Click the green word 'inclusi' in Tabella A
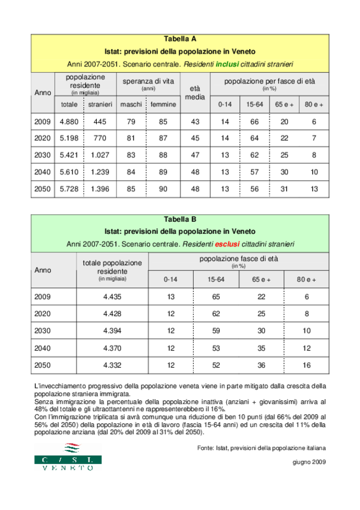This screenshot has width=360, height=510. pyautogui.click(x=227, y=64)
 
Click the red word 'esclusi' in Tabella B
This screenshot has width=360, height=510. pyautogui.click(x=227, y=244)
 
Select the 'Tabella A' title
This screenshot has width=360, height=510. pyautogui.click(x=180, y=39)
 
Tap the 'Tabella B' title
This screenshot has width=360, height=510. pyautogui.click(x=180, y=219)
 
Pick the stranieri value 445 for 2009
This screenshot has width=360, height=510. pyautogui.click(x=100, y=122)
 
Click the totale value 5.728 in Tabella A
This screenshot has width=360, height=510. pyautogui.click(x=69, y=189)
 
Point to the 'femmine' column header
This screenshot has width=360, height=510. pyautogui.click(x=163, y=105)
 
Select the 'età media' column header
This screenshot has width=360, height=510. pyautogui.click(x=195, y=92)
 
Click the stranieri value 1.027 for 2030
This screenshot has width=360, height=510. pyautogui.click(x=100, y=155)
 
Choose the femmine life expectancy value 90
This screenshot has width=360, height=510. pyautogui.click(x=163, y=189)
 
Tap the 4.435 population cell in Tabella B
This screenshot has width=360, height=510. pyautogui.click(x=112, y=296)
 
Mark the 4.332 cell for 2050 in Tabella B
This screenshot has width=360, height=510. pyautogui.click(x=112, y=365)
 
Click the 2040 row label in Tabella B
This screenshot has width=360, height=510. pyautogui.click(x=43, y=348)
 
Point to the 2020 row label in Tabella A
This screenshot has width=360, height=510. pyautogui.click(x=43, y=138)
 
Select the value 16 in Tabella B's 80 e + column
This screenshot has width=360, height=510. pyautogui.click(x=306, y=365)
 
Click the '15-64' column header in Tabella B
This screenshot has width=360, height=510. pyautogui.click(x=216, y=279)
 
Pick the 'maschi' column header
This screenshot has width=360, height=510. pyautogui.click(x=131, y=105)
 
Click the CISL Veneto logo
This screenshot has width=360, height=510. pyautogui.click(x=68, y=456)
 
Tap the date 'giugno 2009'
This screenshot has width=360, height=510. pyautogui.click(x=309, y=462)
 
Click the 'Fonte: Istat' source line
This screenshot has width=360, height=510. pyautogui.click(x=261, y=448)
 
